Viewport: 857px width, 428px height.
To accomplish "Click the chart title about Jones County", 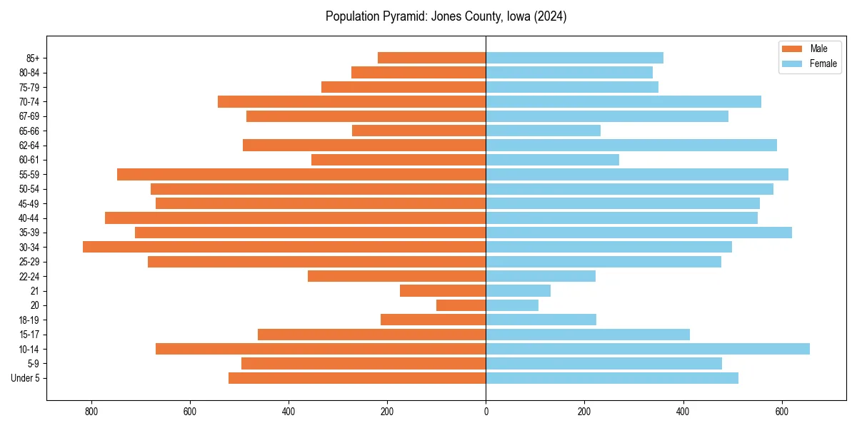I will click(x=446, y=16).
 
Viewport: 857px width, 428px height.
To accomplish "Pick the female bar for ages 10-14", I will click(x=648, y=349).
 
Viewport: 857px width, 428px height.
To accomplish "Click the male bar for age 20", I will click(x=461, y=305).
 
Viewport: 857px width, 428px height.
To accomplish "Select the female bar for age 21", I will click(x=518, y=290).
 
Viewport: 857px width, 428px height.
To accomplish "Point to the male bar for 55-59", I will click(x=301, y=174).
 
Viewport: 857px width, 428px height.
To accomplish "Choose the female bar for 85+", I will click(x=575, y=58).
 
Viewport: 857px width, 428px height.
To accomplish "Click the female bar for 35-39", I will click(x=639, y=233).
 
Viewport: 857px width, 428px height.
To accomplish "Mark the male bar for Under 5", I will click(x=357, y=378).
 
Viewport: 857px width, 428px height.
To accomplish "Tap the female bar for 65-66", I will click(x=543, y=131).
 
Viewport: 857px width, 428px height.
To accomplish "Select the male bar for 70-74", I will click(x=352, y=101).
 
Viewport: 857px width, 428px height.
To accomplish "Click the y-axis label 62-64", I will click(x=29, y=146).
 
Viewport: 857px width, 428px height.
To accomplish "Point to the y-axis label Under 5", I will click(x=26, y=378).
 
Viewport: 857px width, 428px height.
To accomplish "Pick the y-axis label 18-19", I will click(x=29, y=320).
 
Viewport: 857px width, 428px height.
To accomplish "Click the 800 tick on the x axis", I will click(x=91, y=412).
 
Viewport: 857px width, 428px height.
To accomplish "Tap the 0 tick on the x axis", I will click(x=486, y=412).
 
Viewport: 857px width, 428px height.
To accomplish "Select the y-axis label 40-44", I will click(x=29, y=218).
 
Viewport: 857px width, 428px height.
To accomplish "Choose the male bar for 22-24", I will click(x=397, y=276).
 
